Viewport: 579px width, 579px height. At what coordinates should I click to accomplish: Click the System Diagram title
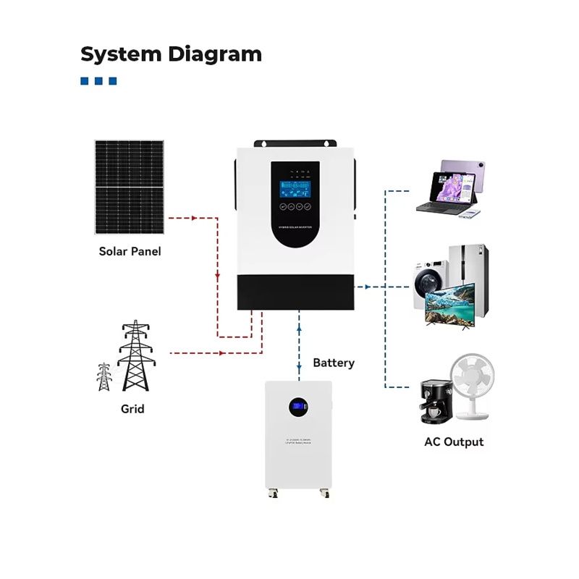pyautogui.click(x=171, y=54)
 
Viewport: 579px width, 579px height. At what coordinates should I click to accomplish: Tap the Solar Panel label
pyautogui.click(x=130, y=252)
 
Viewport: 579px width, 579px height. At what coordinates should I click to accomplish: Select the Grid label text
pyautogui.click(x=132, y=409)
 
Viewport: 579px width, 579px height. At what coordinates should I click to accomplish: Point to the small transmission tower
pyautogui.click(x=104, y=376)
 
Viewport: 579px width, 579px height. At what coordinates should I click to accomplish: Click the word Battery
pyautogui.click(x=334, y=363)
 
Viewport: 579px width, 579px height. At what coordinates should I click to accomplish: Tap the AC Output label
pyautogui.click(x=454, y=441)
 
